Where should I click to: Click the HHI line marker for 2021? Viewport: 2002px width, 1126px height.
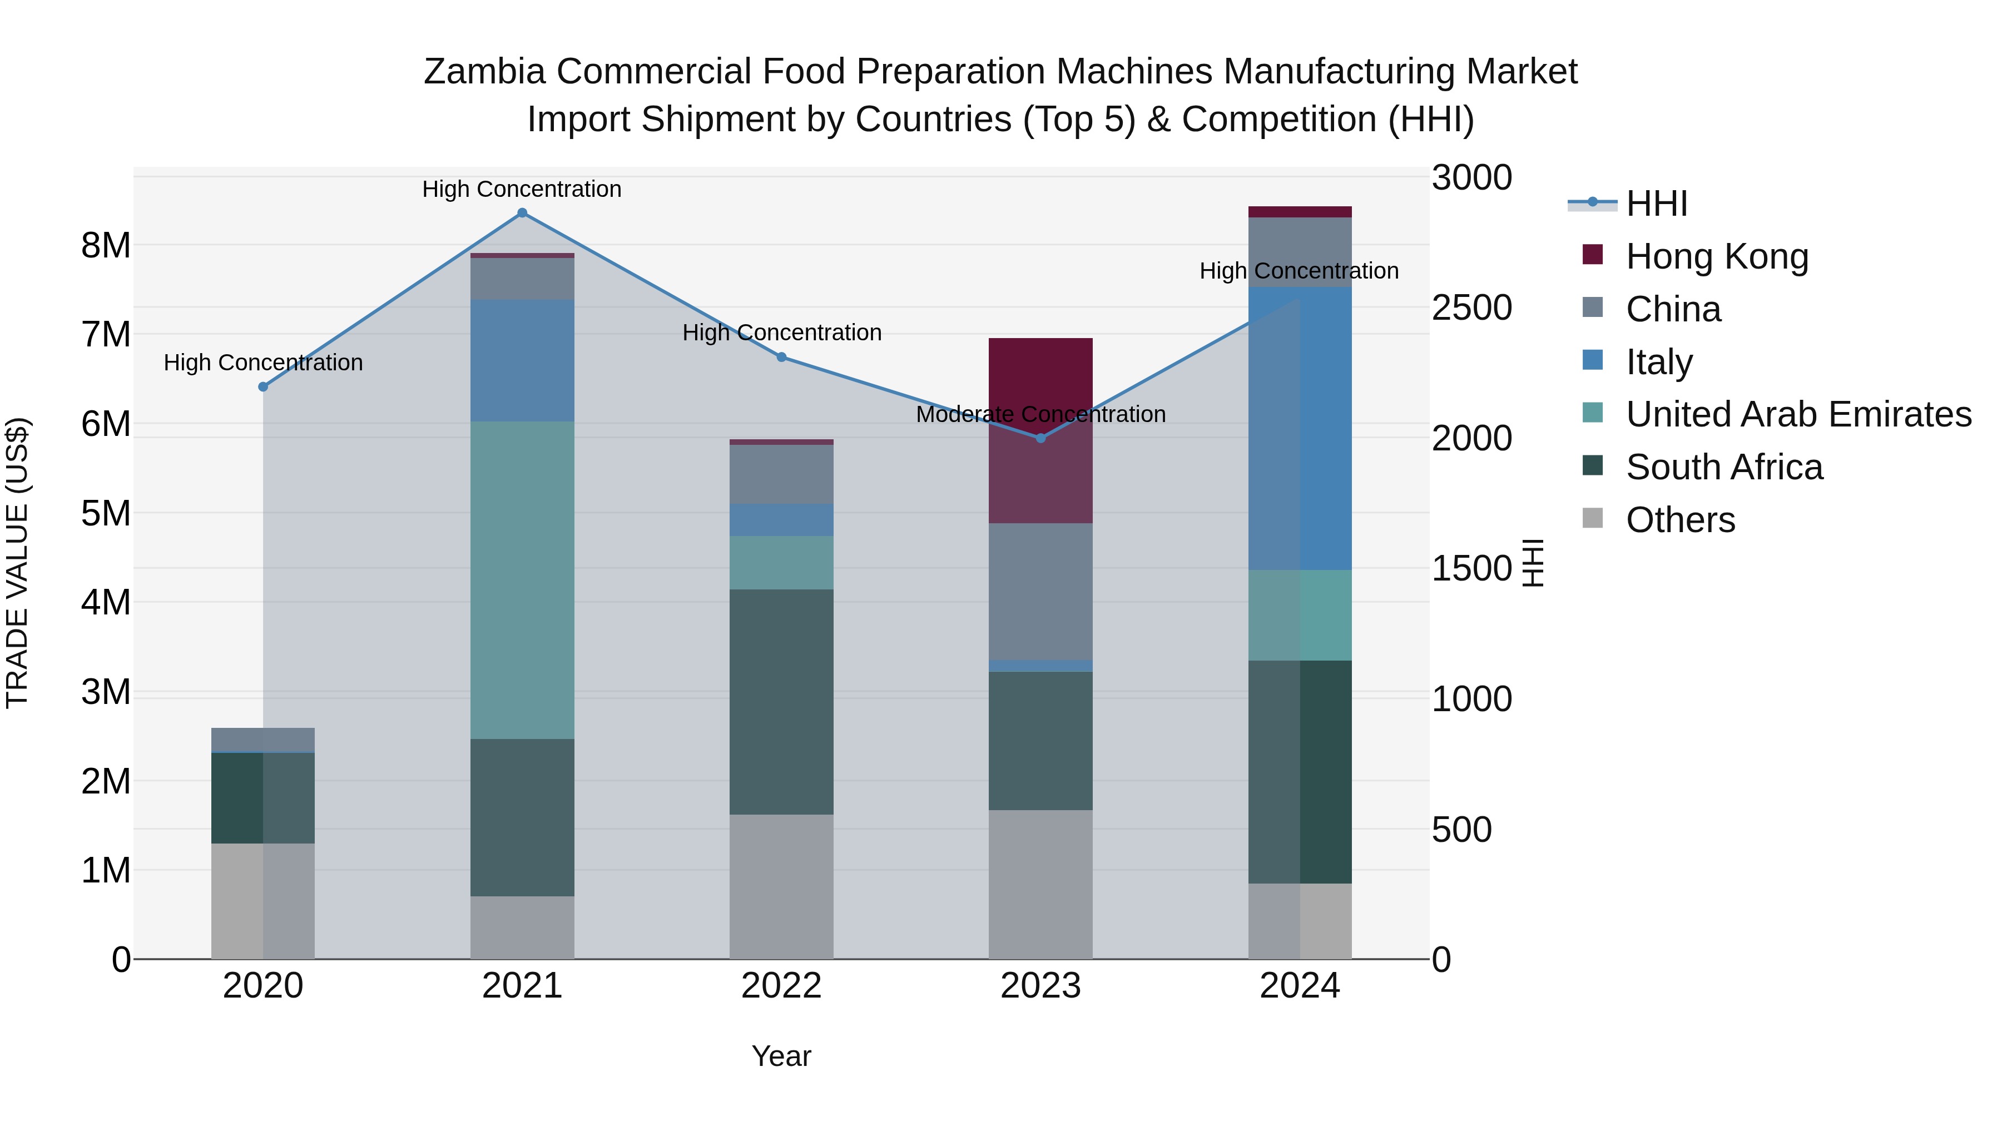(x=522, y=213)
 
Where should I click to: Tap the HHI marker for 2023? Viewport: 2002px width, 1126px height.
(x=1042, y=438)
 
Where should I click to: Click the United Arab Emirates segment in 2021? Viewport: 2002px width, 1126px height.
(x=522, y=580)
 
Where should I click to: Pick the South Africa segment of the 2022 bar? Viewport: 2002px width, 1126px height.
(x=781, y=702)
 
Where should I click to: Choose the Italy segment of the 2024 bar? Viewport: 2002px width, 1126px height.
(x=1300, y=428)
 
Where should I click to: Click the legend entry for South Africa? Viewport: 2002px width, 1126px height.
(x=1724, y=467)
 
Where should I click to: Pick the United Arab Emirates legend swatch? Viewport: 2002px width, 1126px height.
(x=1593, y=414)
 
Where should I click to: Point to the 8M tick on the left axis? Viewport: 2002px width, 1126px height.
(x=106, y=246)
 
